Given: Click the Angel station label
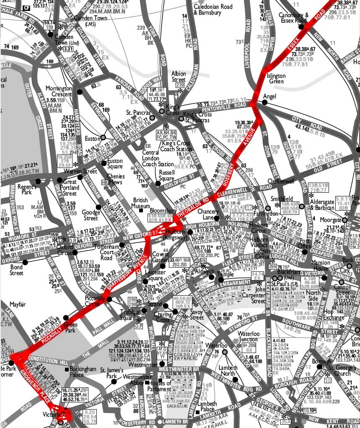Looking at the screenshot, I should click(269, 97).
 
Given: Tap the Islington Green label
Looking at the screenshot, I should click(276, 79).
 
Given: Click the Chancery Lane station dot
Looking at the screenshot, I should click(216, 218).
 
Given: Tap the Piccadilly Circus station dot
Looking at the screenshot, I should click(109, 299).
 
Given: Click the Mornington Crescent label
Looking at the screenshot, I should click(60, 92).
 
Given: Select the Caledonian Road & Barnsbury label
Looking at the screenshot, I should click(213, 10).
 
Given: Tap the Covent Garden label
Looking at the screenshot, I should click(161, 257).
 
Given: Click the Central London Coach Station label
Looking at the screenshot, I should click(158, 158).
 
